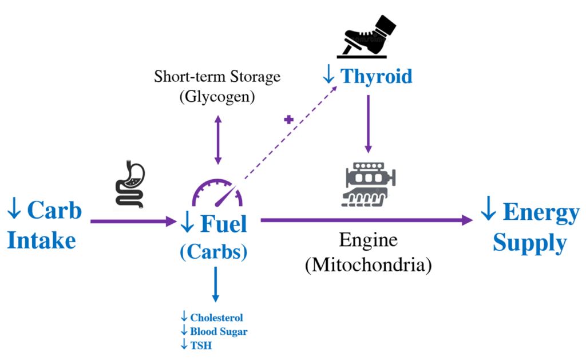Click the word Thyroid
pyautogui.click(x=377, y=77)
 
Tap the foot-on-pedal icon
pyautogui.click(x=366, y=37)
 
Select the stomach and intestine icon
pyautogui.click(x=130, y=184)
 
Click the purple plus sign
pyautogui.click(x=288, y=120)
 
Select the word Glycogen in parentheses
pyautogui.click(x=217, y=97)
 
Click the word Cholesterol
pyautogui.click(x=216, y=318)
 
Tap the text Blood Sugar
pyautogui.click(x=219, y=331)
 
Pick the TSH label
pyautogui.click(x=201, y=346)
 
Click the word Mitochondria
pyautogui.click(x=368, y=265)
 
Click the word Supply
pyautogui.click(x=529, y=244)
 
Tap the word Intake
pyautogui.click(x=41, y=240)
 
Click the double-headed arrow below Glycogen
pyautogui.click(x=218, y=140)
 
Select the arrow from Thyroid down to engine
pyautogui.click(x=368, y=124)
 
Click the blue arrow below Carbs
pyautogui.click(x=215, y=284)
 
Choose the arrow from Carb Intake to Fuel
pyautogui.click(x=133, y=221)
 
